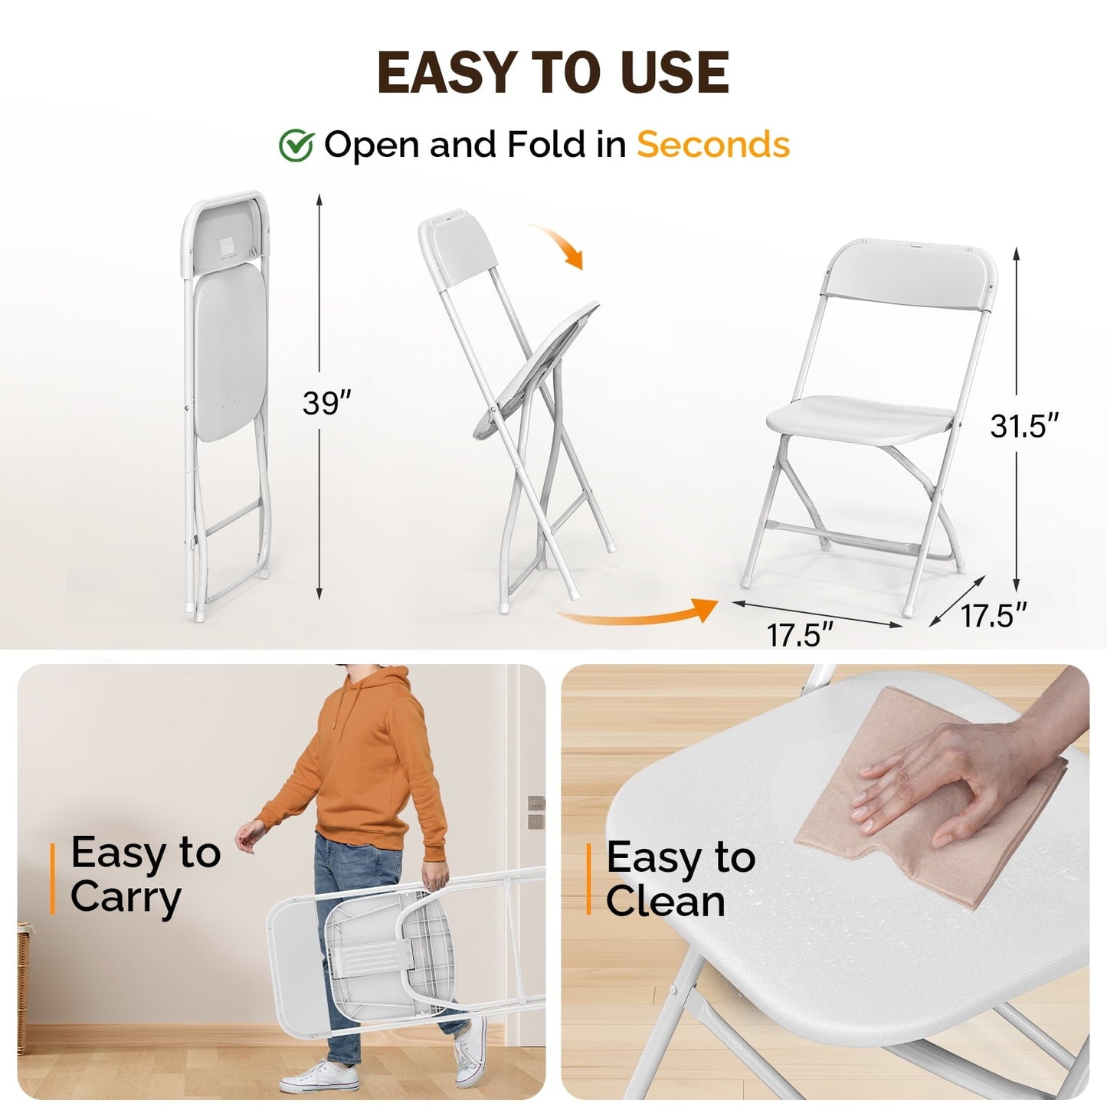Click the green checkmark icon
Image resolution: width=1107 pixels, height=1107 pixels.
[296, 146]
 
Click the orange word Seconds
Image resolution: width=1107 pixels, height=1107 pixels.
[712, 144]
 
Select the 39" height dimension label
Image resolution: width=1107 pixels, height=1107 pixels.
[326, 403]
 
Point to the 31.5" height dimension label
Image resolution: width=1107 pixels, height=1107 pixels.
[1023, 426]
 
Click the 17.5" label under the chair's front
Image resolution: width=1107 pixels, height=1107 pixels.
[800, 634]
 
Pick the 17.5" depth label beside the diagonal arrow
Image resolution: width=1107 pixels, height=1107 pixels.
[994, 615]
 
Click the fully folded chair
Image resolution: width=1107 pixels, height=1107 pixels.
[227, 398]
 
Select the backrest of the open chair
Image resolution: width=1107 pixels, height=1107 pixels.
[909, 277]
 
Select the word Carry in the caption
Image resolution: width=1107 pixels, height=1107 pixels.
[126, 897]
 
